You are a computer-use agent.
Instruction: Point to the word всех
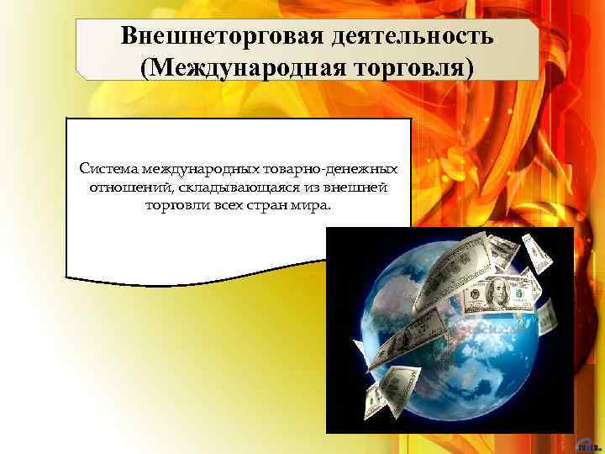point(223,203)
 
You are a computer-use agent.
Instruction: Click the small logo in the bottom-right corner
point(587,445)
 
